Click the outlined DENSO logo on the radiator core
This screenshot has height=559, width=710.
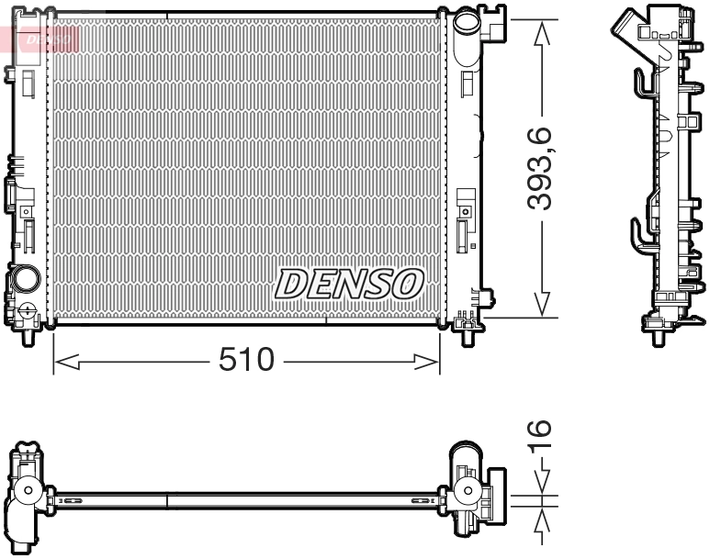click(x=348, y=285)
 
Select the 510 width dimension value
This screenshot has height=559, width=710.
click(x=246, y=361)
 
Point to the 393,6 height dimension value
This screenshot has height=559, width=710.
click(x=542, y=170)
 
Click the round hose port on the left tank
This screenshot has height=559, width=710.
click(x=25, y=278)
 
